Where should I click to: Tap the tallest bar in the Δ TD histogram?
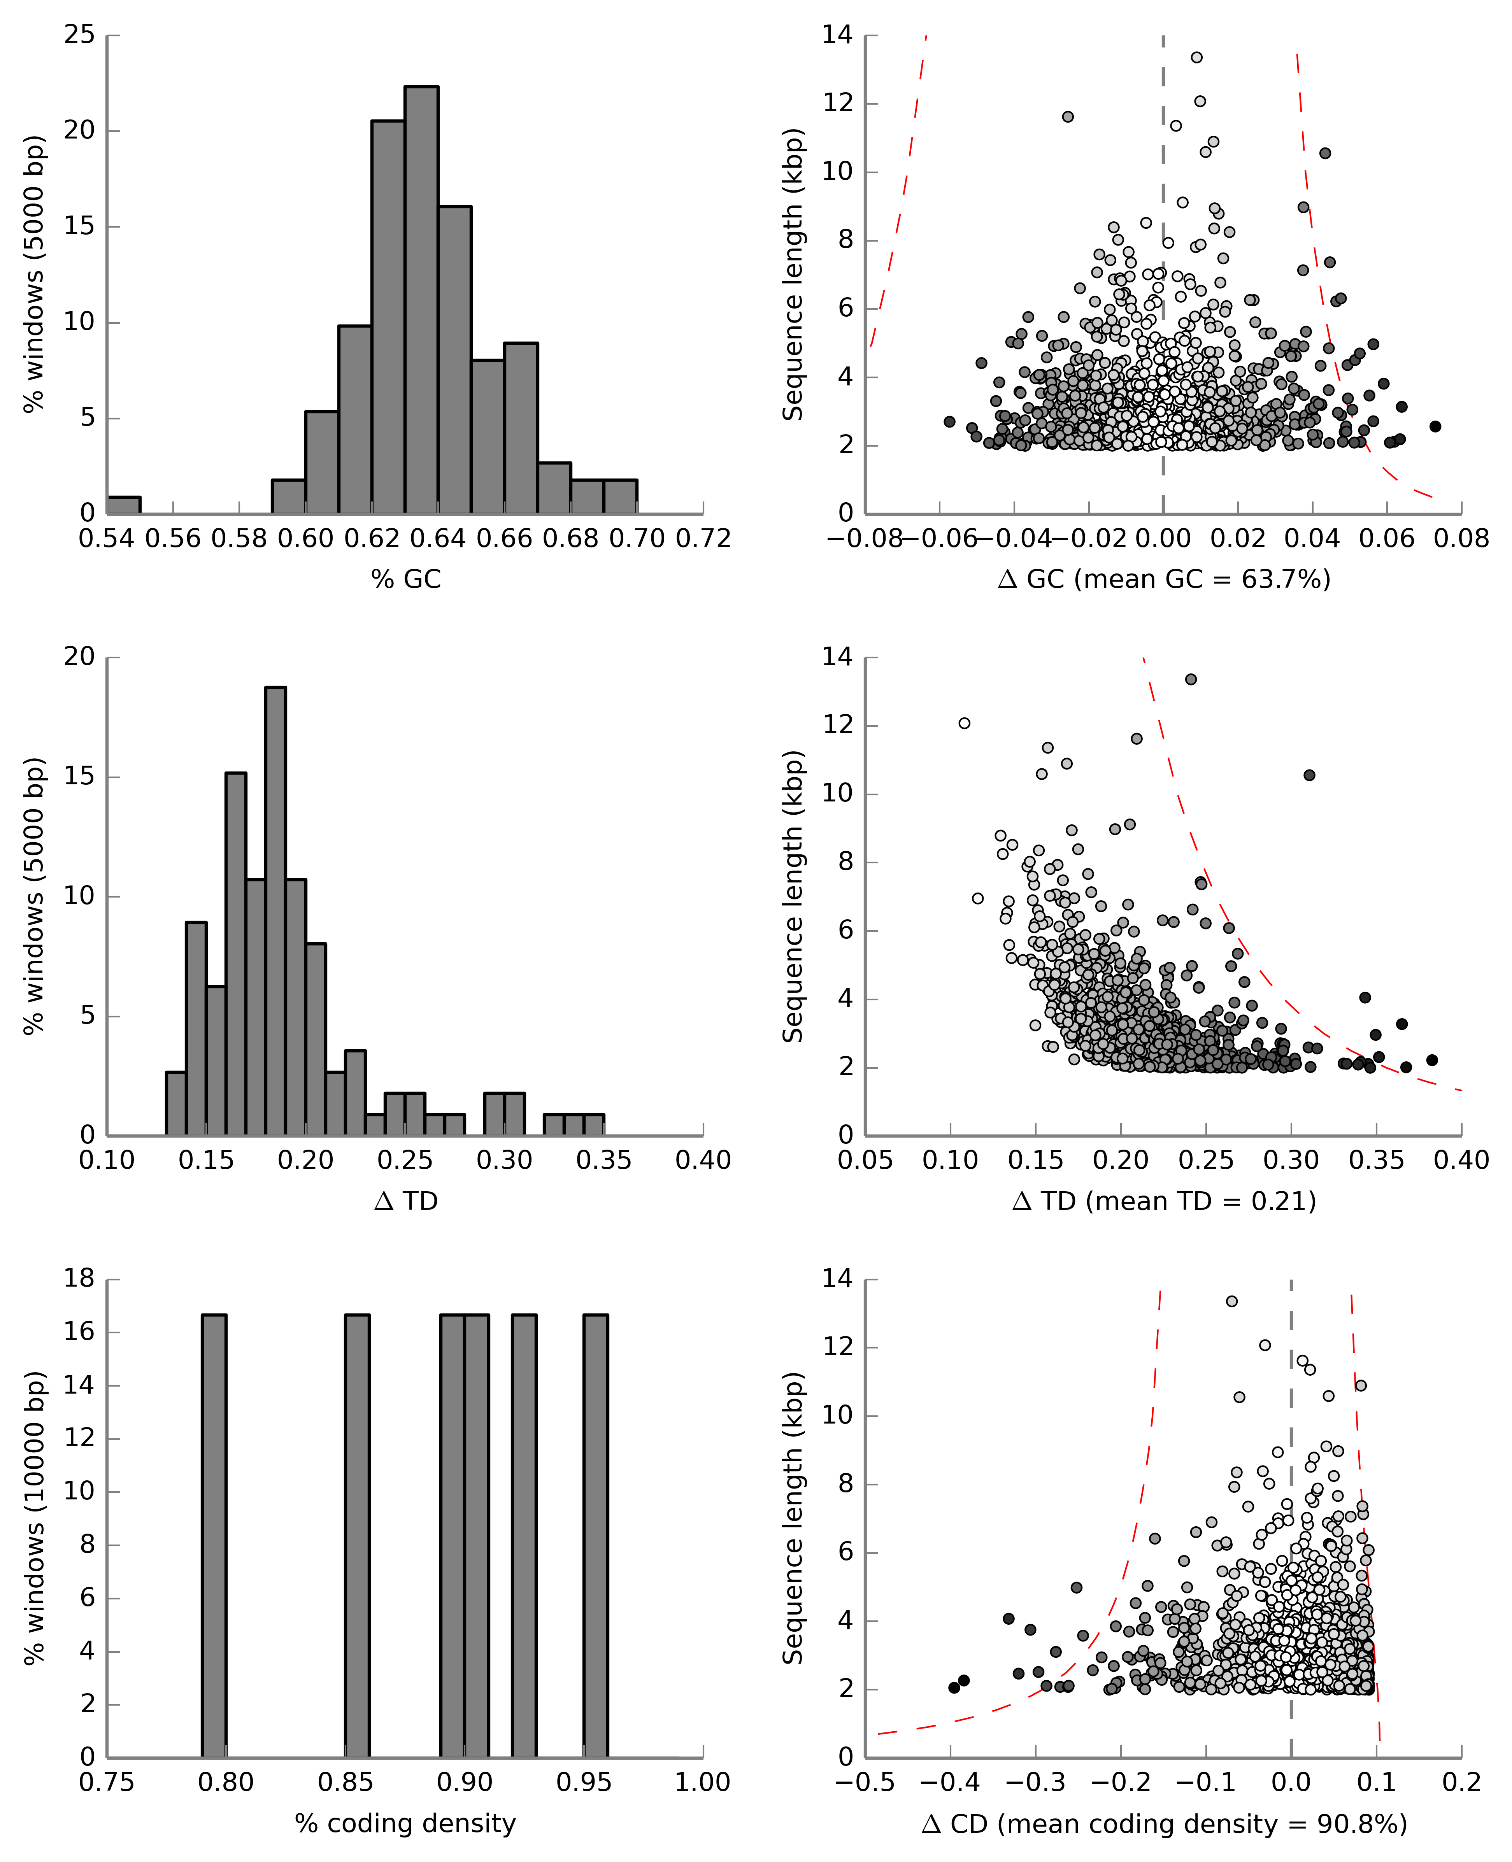[x=275, y=911]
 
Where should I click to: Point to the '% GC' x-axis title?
[x=406, y=579]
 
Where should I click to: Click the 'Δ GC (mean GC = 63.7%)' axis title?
[x=1164, y=579]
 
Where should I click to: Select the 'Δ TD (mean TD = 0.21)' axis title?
[x=1164, y=1201]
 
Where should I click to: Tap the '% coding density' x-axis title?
[x=406, y=1823]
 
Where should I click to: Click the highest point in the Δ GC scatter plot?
[x=1197, y=58]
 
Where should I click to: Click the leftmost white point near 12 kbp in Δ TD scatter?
[x=964, y=723]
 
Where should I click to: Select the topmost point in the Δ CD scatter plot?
[x=1231, y=1301]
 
